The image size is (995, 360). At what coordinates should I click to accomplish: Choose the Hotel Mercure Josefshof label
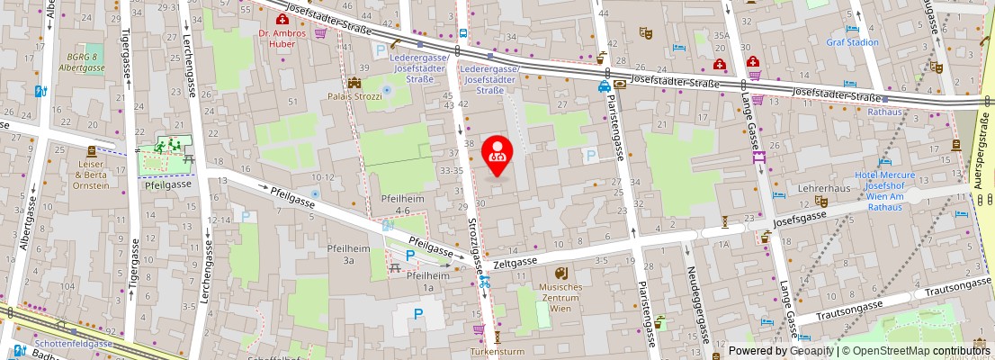pos(885,191)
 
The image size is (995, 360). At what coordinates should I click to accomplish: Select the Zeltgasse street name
pos(515,261)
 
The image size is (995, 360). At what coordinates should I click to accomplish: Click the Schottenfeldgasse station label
pos(74,344)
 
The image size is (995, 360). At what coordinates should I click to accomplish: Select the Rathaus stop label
pos(884,112)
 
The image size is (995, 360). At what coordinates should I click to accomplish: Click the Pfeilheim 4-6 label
pos(401,204)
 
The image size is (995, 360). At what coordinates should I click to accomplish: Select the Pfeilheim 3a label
pos(347,254)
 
